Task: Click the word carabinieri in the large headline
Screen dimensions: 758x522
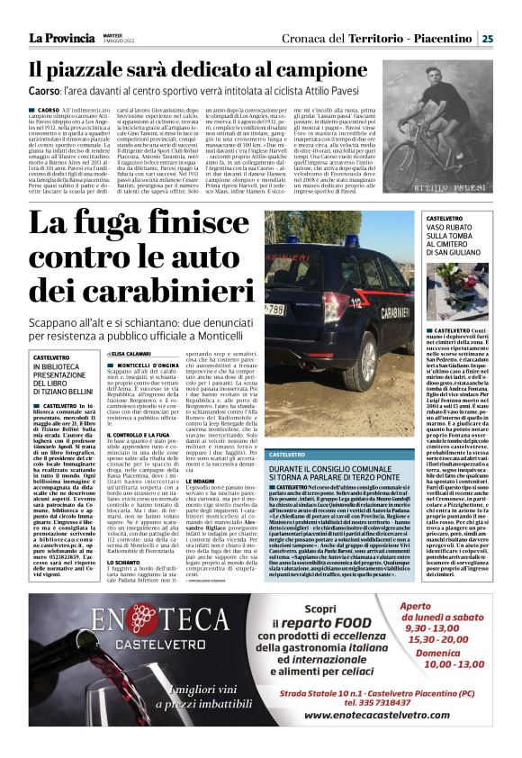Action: coord(143,291)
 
